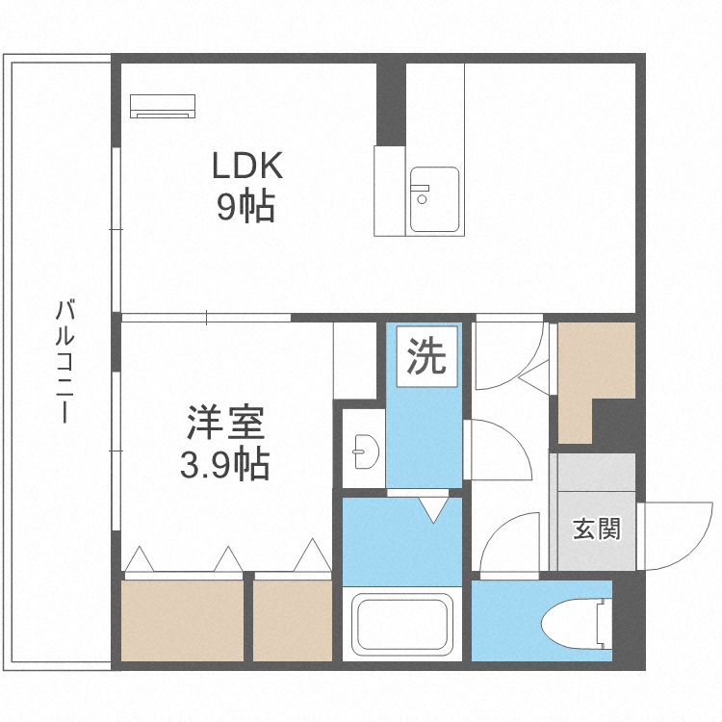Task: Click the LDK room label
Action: pyautogui.click(x=246, y=167)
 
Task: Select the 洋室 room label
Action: pyautogui.click(x=225, y=425)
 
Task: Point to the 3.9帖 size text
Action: pyautogui.click(x=224, y=466)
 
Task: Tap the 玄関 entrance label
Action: pyautogui.click(x=597, y=529)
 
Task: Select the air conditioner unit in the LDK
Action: pyautogui.click(x=163, y=106)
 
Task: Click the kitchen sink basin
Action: pyautogui.click(x=434, y=199)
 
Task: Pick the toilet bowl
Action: pyautogui.click(x=576, y=625)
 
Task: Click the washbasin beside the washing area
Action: pyautogui.click(x=364, y=449)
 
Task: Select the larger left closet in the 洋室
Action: pyautogui.click(x=182, y=620)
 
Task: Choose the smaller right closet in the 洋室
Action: pyautogui.click(x=293, y=620)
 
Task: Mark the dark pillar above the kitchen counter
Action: pyautogui.click(x=391, y=101)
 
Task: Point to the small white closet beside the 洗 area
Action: pyautogui.click(x=354, y=360)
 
